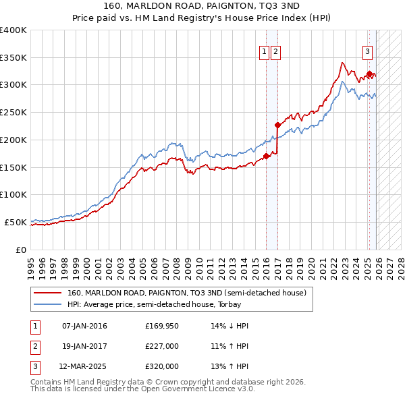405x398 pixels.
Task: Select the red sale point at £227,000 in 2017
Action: point(277,125)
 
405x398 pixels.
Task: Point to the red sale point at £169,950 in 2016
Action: point(266,157)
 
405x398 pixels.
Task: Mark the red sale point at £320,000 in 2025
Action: point(369,74)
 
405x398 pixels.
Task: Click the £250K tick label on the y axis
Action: point(13,113)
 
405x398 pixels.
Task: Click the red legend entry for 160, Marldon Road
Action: point(186,293)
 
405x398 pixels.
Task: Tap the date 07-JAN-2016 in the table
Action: point(84,326)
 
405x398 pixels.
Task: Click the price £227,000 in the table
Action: point(162,346)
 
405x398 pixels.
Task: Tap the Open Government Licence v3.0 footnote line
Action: point(142,389)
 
